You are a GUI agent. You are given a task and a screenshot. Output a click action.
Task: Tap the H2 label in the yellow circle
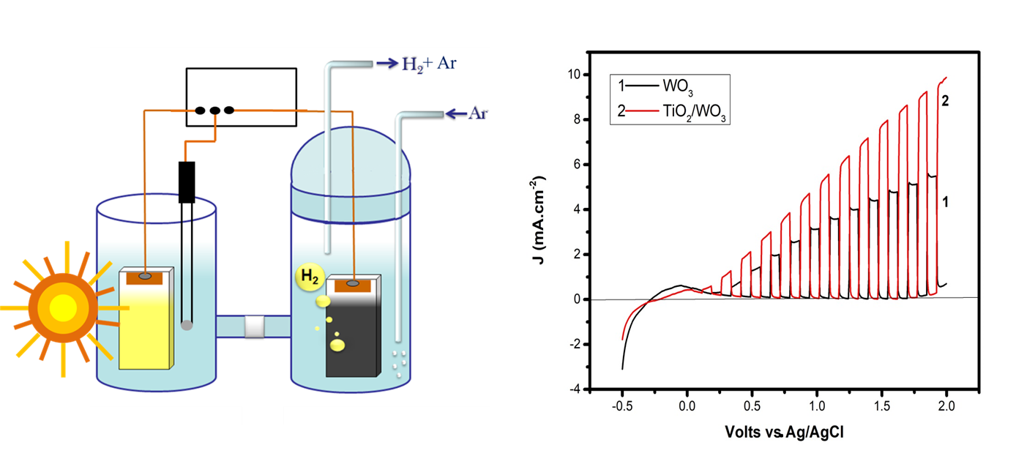307,276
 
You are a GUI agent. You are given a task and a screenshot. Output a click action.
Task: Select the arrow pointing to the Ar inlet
455,113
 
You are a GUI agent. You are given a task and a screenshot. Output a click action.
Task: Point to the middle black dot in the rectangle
214,111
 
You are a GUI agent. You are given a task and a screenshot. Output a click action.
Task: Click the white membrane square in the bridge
254,326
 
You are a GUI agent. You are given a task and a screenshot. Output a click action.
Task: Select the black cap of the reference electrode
188,182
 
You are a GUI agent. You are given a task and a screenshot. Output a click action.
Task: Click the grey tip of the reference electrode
187,326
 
